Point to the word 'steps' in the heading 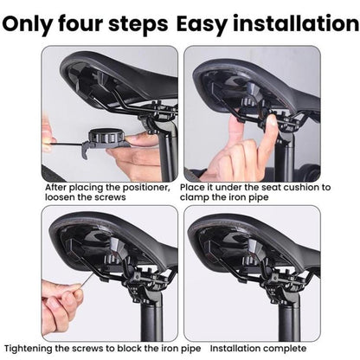[142, 23]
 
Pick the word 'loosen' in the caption [60, 196]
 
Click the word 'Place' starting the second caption [198, 186]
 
